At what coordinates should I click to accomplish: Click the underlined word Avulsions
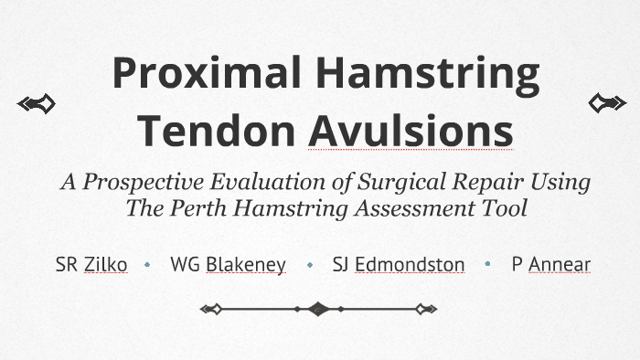click(411, 130)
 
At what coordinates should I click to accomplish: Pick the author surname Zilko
click(105, 265)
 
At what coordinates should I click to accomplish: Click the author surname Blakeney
click(245, 265)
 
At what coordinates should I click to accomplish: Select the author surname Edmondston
click(410, 265)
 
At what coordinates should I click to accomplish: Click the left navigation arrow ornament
click(37, 104)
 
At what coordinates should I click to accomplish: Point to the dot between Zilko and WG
click(148, 265)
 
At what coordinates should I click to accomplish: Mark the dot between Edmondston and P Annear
click(488, 265)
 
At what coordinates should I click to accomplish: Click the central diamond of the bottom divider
click(318, 309)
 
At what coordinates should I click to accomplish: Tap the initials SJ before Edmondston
click(342, 265)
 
